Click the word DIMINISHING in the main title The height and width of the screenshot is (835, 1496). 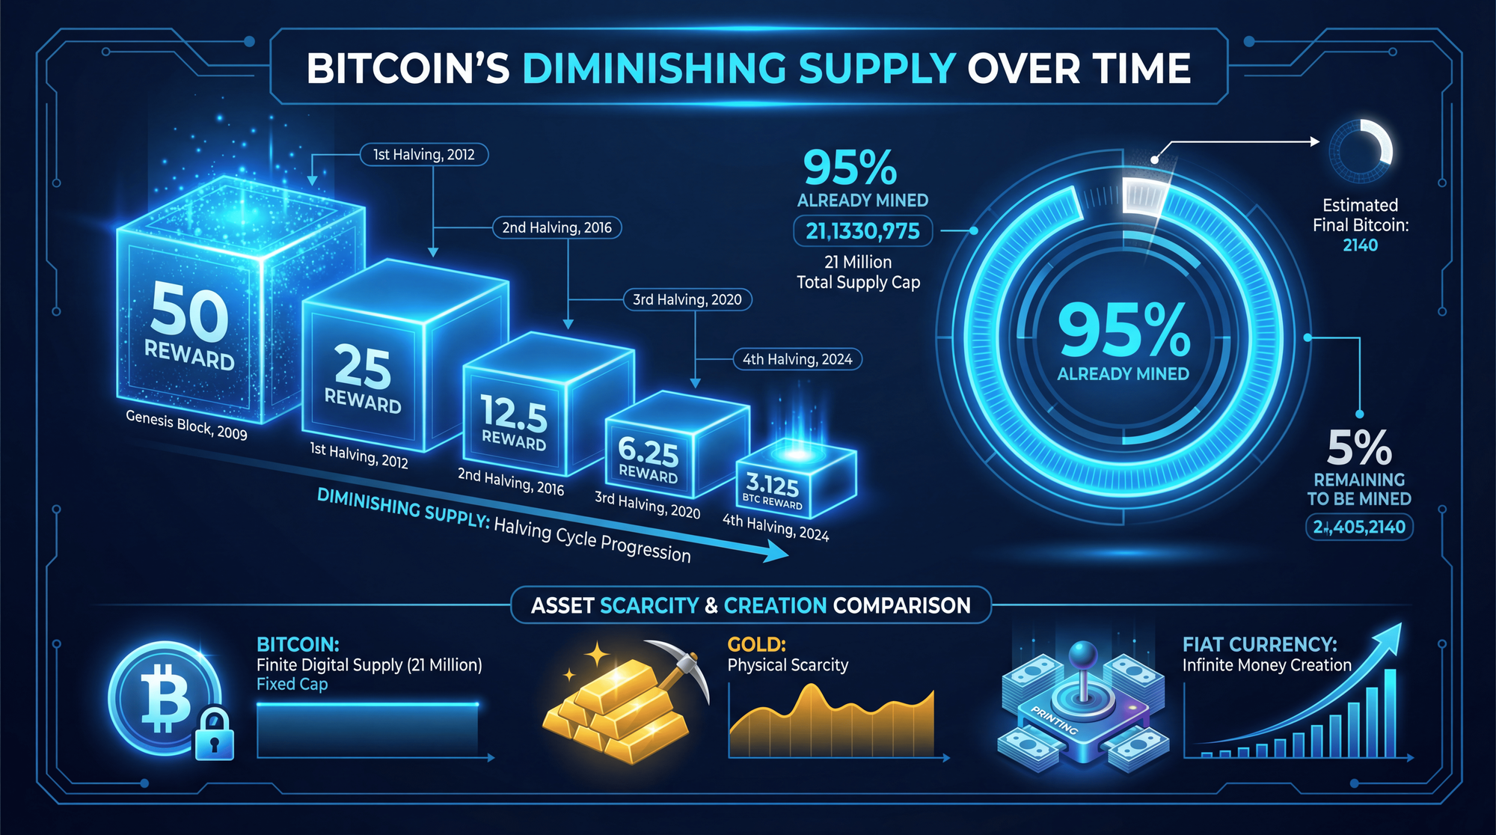pyautogui.click(x=654, y=69)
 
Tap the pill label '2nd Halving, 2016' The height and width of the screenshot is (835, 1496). pyautogui.click(x=557, y=227)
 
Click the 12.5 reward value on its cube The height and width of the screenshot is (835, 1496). pyautogui.click(x=514, y=412)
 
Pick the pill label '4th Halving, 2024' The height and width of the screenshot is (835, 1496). pyautogui.click(x=797, y=359)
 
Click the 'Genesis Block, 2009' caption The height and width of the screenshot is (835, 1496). pyautogui.click(x=186, y=425)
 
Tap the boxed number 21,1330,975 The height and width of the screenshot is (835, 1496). pyautogui.click(x=862, y=231)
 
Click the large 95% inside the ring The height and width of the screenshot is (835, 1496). pyautogui.click(x=1123, y=331)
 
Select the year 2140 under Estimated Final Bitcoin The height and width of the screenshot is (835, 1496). pyautogui.click(x=1360, y=245)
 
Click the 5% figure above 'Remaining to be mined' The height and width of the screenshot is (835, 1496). pyautogui.click(x=1359, y=448)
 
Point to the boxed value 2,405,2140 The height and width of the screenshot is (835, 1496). pyautogui.click(x=1359, y=527)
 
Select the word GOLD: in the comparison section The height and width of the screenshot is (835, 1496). pyautogui.click(x=756, y=644)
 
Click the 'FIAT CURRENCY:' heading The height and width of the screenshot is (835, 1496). pyautogui.click(x=1260, y=644)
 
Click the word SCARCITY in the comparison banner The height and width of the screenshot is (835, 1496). pyautogui.click(x=649, y=605)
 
